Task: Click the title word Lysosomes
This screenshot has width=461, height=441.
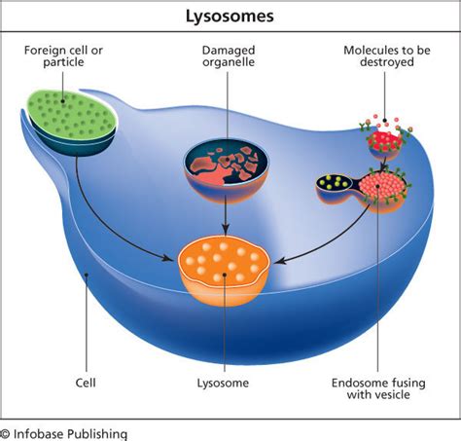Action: (x=230, y=17)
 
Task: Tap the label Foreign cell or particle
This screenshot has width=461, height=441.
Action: (x=63, y=56)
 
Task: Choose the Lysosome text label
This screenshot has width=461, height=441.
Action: (x=223, y=384)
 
